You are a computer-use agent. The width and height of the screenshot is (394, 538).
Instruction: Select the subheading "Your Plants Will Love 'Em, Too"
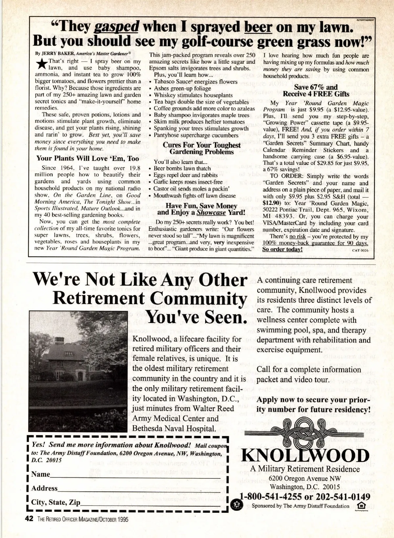tap(87, 158)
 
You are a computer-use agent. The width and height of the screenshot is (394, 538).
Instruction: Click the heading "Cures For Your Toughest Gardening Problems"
tap(202, 148)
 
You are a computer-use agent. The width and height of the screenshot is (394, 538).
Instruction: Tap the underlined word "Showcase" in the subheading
tap(211, 212)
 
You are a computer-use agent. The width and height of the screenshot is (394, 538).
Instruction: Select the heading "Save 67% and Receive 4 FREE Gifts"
tap(316, 90)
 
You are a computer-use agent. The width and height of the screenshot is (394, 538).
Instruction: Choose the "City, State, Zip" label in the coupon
tap(55, 502)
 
